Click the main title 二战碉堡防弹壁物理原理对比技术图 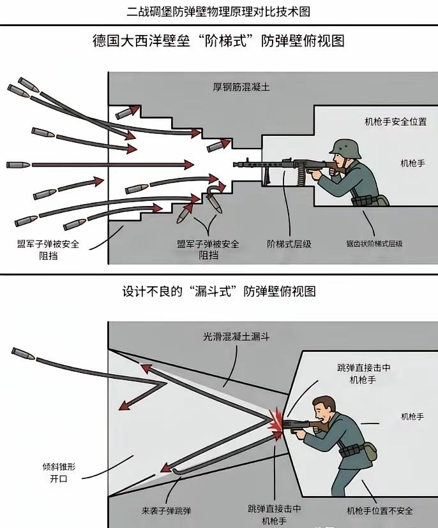(219, 11)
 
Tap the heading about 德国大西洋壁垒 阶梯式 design (219, 41)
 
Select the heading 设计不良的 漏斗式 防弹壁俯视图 (219, 291)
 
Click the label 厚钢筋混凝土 (241, 87)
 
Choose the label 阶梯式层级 (289, 244)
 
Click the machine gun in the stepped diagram (281, 166)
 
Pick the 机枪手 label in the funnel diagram (412, 416)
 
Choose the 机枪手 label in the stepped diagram (412, 163)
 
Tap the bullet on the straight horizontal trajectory (19, 165)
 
